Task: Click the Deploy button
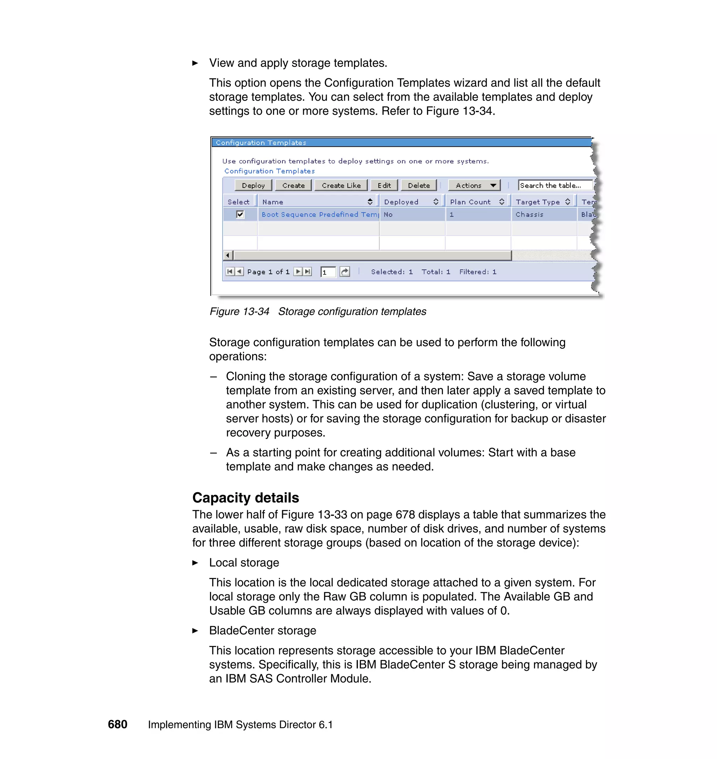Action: (x=253, y=185)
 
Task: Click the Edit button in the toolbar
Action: (x=384, y=185)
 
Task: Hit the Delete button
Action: (x=418, y=185)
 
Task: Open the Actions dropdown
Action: (x=474, y=185)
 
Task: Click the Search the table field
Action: (x=555, y=185)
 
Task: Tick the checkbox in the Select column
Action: (x=240, y=214)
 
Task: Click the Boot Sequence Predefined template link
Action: (x=319, y=214)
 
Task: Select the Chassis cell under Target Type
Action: (x=529, y=214)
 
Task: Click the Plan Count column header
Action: (x=470, y=202)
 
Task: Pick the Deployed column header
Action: (x=401, y=202)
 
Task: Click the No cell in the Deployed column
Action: (x=388, y=214)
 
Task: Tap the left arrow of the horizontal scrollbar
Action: (x=228, y=255)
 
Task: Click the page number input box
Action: (x=328, y=272)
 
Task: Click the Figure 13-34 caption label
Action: (x=239, y=312)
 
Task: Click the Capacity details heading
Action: (x=245, y=497)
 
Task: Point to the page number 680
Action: (x=117, y=724)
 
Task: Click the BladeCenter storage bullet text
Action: (x=263, y=630)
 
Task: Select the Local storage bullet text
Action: (x=244, y=563)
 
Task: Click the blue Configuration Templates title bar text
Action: (x=261, y=142)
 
